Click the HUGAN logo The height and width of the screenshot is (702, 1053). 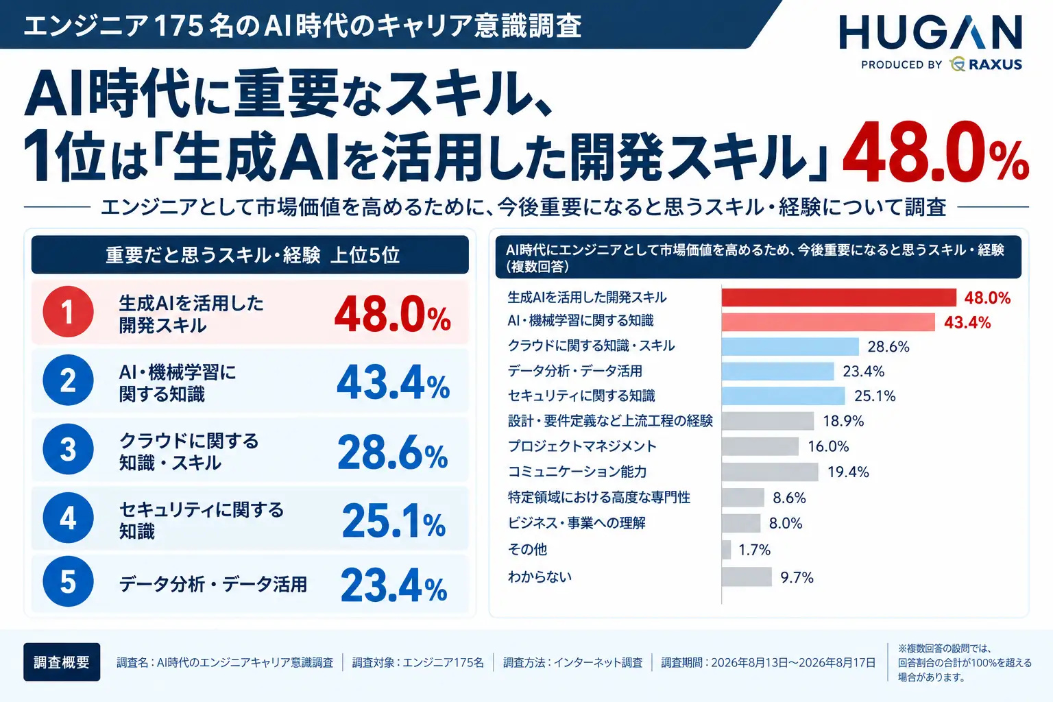tap(930, 32)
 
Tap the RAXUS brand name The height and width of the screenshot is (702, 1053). tap(995, 64)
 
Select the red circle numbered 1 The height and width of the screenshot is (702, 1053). tap(68, 311)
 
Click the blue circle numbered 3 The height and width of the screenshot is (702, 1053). tap(68, 448)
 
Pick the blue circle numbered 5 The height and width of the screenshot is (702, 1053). tap(68, 581)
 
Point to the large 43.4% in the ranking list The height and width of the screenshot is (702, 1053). tap(393, 383)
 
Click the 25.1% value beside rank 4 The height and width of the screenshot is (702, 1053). tap(394, 520)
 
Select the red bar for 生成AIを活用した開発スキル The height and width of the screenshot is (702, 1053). tap(839, 298)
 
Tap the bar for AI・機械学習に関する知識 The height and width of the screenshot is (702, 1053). tap(828, 323)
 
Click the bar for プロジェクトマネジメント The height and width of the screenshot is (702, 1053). tap(760, 446)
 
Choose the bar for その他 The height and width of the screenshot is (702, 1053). tap(726, 550)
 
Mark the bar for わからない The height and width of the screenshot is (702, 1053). tap(747, 577)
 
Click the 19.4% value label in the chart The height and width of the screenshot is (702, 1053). tap(848, 472)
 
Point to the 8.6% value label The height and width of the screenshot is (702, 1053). tap(789, 498)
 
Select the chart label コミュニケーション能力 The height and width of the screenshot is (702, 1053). tap(577, 471)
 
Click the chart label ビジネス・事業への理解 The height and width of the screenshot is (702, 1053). tap(577, 522)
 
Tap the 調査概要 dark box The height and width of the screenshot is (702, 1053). tap(62, 662)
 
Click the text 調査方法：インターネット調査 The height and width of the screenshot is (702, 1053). tap(572, 662)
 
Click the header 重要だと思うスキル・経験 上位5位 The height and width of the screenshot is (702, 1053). tap(252, 255)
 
